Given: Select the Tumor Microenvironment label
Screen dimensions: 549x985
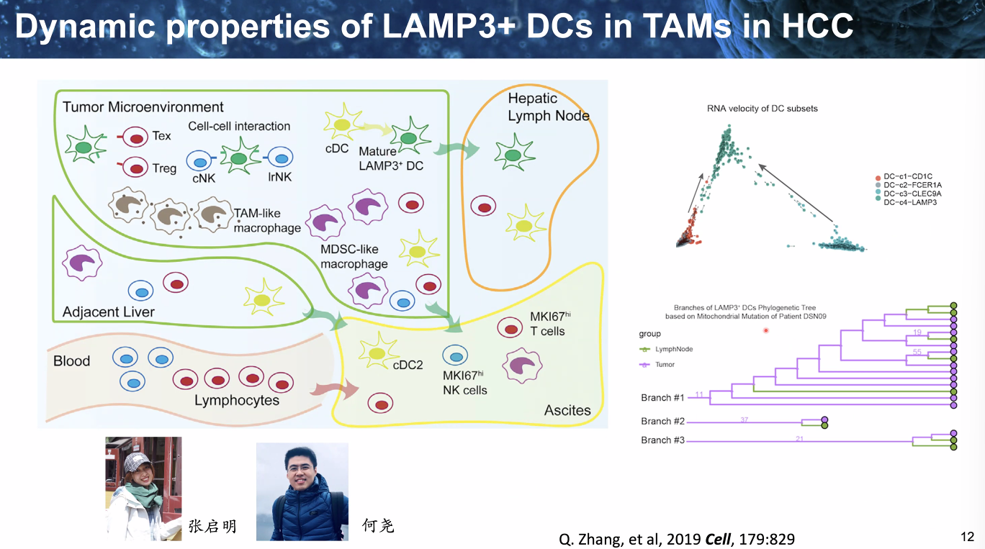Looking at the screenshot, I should [143, 107].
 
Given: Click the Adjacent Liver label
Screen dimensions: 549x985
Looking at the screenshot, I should [109, 312].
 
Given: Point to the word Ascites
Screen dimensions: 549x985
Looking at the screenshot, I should [567, 410].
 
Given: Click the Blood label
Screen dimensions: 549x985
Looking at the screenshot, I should [72, 360].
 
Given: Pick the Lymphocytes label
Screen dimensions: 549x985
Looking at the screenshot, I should [237, 400].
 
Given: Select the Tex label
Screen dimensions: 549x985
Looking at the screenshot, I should [162, 136].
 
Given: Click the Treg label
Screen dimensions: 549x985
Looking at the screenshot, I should [164, 168].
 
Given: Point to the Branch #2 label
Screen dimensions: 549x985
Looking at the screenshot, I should [662, 422].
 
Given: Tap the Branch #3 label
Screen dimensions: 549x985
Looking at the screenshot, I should [662, 440].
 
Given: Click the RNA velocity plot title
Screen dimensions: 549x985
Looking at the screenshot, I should [762, 109].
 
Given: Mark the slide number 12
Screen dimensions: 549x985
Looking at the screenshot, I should [967, 536].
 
